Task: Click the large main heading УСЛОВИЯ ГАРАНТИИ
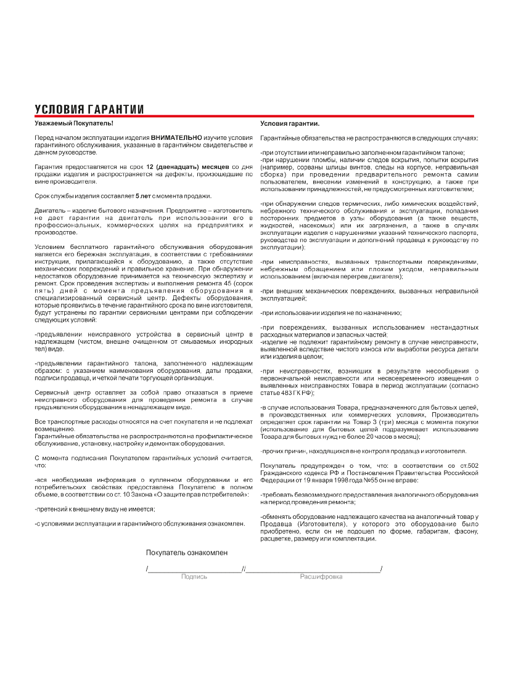pyautogui.click(x=89, y=110)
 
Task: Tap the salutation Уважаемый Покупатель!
pyautogui.click(x=70, y=124)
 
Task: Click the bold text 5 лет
pyautogui.click(x=144, y=196)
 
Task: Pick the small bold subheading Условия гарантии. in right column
pyautogui.click(x=290, y=124)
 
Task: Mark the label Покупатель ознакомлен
pyautogui.click(x=187, y=553)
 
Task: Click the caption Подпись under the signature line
pyautogui.click(x=194, y=577)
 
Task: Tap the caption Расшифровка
pyautogui.click(x=321, y=577)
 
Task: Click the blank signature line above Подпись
pyautogui.click(x=195, y=571)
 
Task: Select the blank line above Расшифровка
pyautogui.click(x=313, y=571)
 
